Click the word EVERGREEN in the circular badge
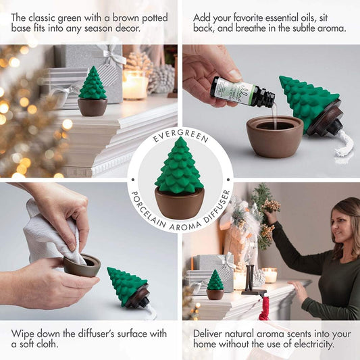181,135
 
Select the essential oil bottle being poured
242,93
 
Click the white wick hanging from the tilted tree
342,143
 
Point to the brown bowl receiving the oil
275,136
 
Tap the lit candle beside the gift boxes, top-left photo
134,85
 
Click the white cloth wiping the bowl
51,234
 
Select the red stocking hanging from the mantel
264,307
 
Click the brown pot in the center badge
180,203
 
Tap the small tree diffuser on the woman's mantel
215,285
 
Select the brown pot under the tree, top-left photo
93,107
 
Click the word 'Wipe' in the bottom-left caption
23,334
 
